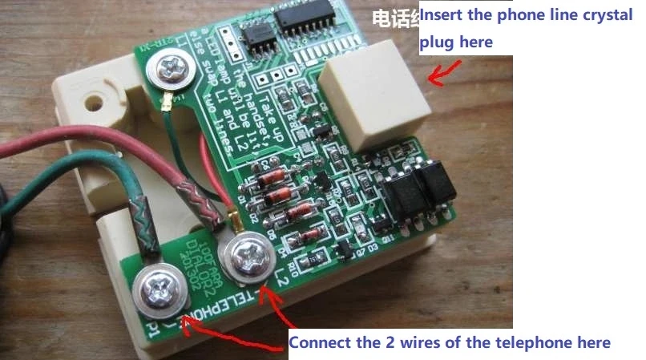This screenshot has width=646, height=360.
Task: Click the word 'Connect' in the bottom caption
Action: [x=317, y=343]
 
